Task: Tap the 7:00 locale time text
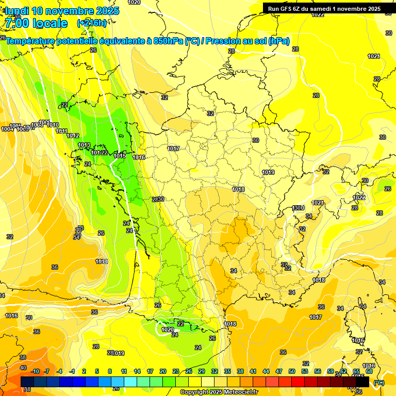point(36,23)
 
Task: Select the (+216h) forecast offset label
point(92,23)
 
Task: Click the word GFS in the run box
point(288,8)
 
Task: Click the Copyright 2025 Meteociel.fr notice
point(219,392)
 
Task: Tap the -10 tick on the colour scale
point(35,372)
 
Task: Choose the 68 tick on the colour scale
point(369,372)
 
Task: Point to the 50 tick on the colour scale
point(292,372)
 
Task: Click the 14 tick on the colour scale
point(137,372)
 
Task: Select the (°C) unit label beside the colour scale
point(379,382)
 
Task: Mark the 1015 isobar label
point(120,156)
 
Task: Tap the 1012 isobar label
point(73,136)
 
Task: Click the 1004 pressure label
point(7,129)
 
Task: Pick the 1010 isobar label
point(53,125)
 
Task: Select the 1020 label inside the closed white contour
point(168,329)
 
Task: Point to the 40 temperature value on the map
point(23,368)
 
